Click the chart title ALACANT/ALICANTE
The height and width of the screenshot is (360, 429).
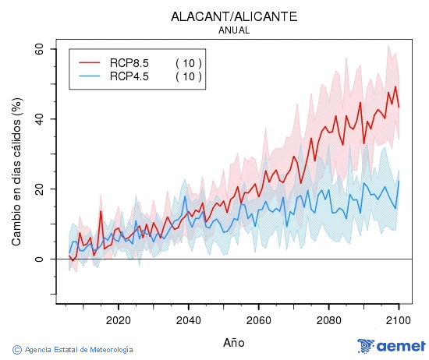pyautogui.click(x=234, y=16)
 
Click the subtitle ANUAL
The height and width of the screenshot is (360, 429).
pyautogui.click(x=234, y=30)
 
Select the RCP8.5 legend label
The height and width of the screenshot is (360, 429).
pyautogui.click(x=129, y=62)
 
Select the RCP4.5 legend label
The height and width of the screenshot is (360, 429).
pyautogui.click(x=129, y=76)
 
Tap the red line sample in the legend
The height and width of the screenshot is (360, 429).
pyautogui.click(x=90, y=62)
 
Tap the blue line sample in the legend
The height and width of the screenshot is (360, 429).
pyautogui.click(x=90, y=76)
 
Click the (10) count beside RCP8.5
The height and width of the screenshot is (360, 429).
pyautogui.click(x=188, y=62)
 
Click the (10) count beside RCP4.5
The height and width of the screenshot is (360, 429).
pyautogui.click(x=188, y=76)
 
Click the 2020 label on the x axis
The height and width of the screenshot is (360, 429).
pyautogui.click(x=118, y=320)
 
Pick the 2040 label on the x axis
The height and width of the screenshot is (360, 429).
pyautogui.click(x=188, y=320)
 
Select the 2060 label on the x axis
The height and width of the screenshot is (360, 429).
pyautogui.click(x=258, y=320)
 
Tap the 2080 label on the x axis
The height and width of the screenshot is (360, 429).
pyautogui.click(x=328, y=320)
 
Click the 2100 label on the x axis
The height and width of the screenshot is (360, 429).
pyautogui.click(x=399, y=320)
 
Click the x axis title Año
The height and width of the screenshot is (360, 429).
pyautogui.click(x=234, y=342)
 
